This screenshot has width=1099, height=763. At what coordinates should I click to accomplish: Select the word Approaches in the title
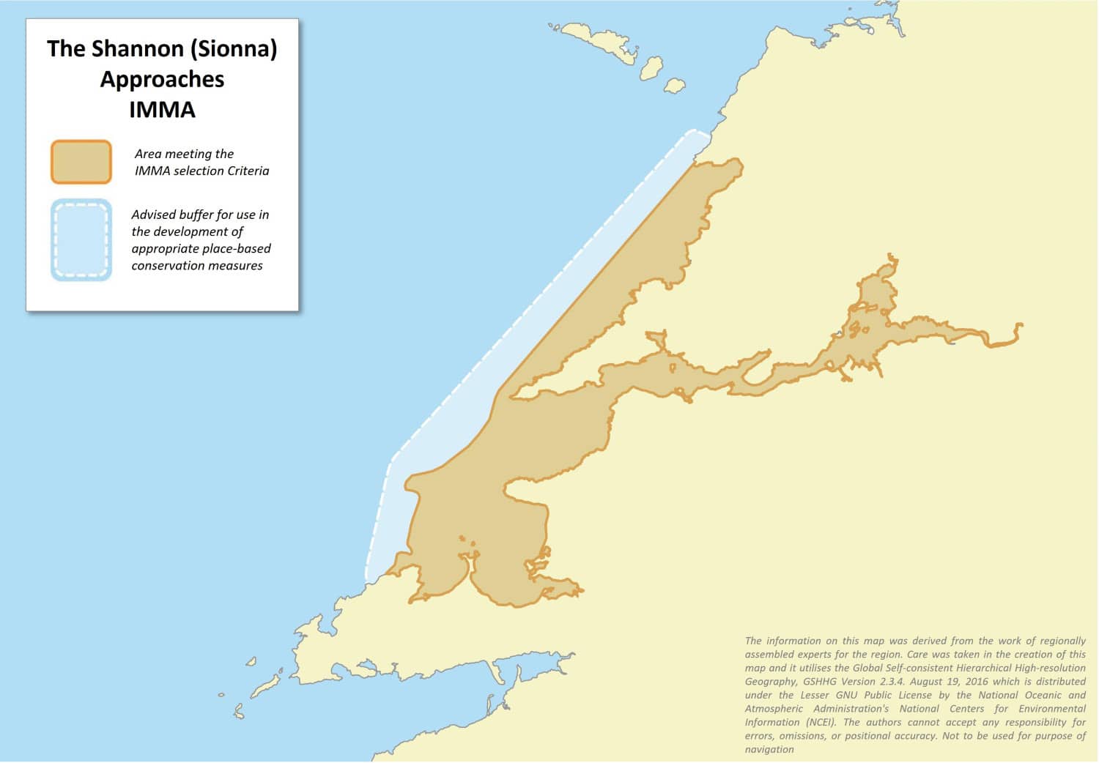[162, 79]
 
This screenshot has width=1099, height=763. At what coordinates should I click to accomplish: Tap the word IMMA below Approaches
[162, 110]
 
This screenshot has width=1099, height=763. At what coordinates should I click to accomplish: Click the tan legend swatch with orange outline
[81, 162]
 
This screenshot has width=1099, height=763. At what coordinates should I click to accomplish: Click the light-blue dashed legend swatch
[81, 240]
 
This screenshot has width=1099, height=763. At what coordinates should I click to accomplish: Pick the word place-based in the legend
[237, 249]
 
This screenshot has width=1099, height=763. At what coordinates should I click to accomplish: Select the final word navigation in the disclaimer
[769, 750]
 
